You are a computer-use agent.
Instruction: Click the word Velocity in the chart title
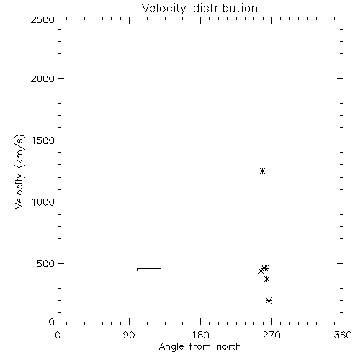163,9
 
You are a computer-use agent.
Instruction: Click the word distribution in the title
225,8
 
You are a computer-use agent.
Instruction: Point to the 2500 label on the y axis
42,19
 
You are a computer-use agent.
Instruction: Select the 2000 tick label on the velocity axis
42,78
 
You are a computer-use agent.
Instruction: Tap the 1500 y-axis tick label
43,140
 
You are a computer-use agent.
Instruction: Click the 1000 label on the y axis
43,202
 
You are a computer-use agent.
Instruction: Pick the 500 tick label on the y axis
46,264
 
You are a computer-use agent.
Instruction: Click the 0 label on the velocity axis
52,322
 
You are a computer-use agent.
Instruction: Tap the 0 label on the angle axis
58,335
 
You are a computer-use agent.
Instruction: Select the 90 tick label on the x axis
129,335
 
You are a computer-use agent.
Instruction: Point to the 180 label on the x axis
200,335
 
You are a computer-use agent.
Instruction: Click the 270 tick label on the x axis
271,335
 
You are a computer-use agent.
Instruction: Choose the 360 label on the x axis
343,335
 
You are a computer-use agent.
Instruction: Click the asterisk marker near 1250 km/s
262,171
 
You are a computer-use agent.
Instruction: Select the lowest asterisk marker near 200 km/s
269,300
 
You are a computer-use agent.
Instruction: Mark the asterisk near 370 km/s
266,279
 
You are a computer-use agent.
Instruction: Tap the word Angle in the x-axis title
171,347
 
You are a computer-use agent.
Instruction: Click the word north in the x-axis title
229,347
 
